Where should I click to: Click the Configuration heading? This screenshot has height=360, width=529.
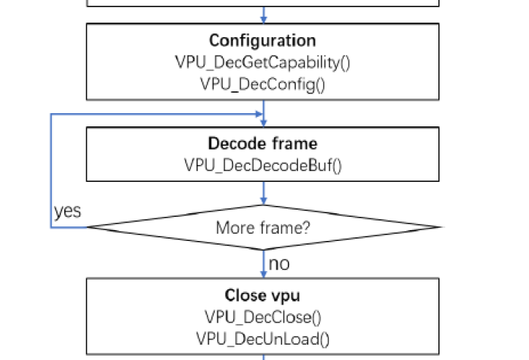click(263, 41)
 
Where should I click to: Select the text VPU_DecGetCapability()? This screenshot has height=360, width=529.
click(263, 63)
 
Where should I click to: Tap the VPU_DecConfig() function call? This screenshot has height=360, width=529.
click(263, 84)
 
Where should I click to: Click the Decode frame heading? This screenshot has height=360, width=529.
click(263, 143)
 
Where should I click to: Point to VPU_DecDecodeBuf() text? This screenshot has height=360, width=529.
click(263, 165)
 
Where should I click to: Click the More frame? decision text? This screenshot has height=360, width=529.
click(263, 228)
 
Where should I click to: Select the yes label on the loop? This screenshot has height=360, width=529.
click(66, 211)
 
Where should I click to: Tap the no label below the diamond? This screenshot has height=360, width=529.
click(279, 264)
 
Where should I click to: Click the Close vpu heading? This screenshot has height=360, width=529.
click(263, 296)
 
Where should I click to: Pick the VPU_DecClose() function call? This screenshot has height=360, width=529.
click(263, 317)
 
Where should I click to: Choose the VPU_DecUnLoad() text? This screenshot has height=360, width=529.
click(263, 338)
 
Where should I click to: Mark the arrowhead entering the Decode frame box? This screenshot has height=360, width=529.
click(263, 123)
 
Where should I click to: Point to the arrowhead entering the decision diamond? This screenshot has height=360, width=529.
click(263, 200)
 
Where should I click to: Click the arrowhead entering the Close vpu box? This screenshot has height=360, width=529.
click(263, 273)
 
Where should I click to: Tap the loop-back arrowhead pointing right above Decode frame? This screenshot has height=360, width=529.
click(258, 114)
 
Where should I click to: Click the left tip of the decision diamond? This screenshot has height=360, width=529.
click(88, 227)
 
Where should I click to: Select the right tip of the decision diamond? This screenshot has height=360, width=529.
click(440, 227)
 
